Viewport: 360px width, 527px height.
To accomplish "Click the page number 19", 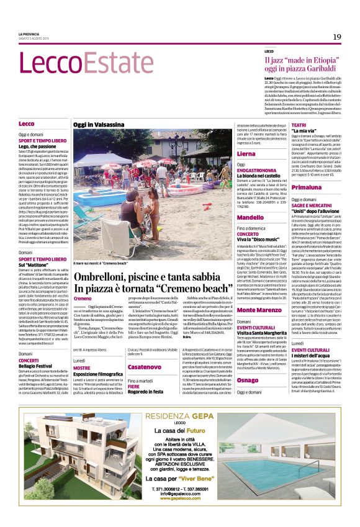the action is coord(336,37).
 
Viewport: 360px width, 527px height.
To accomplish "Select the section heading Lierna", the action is coord(229,153).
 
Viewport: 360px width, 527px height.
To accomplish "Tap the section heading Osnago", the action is coord(230,379).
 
